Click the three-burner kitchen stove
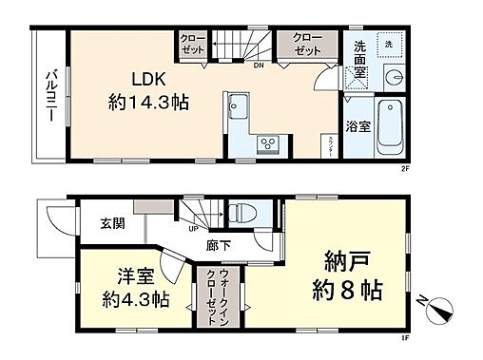268,144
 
